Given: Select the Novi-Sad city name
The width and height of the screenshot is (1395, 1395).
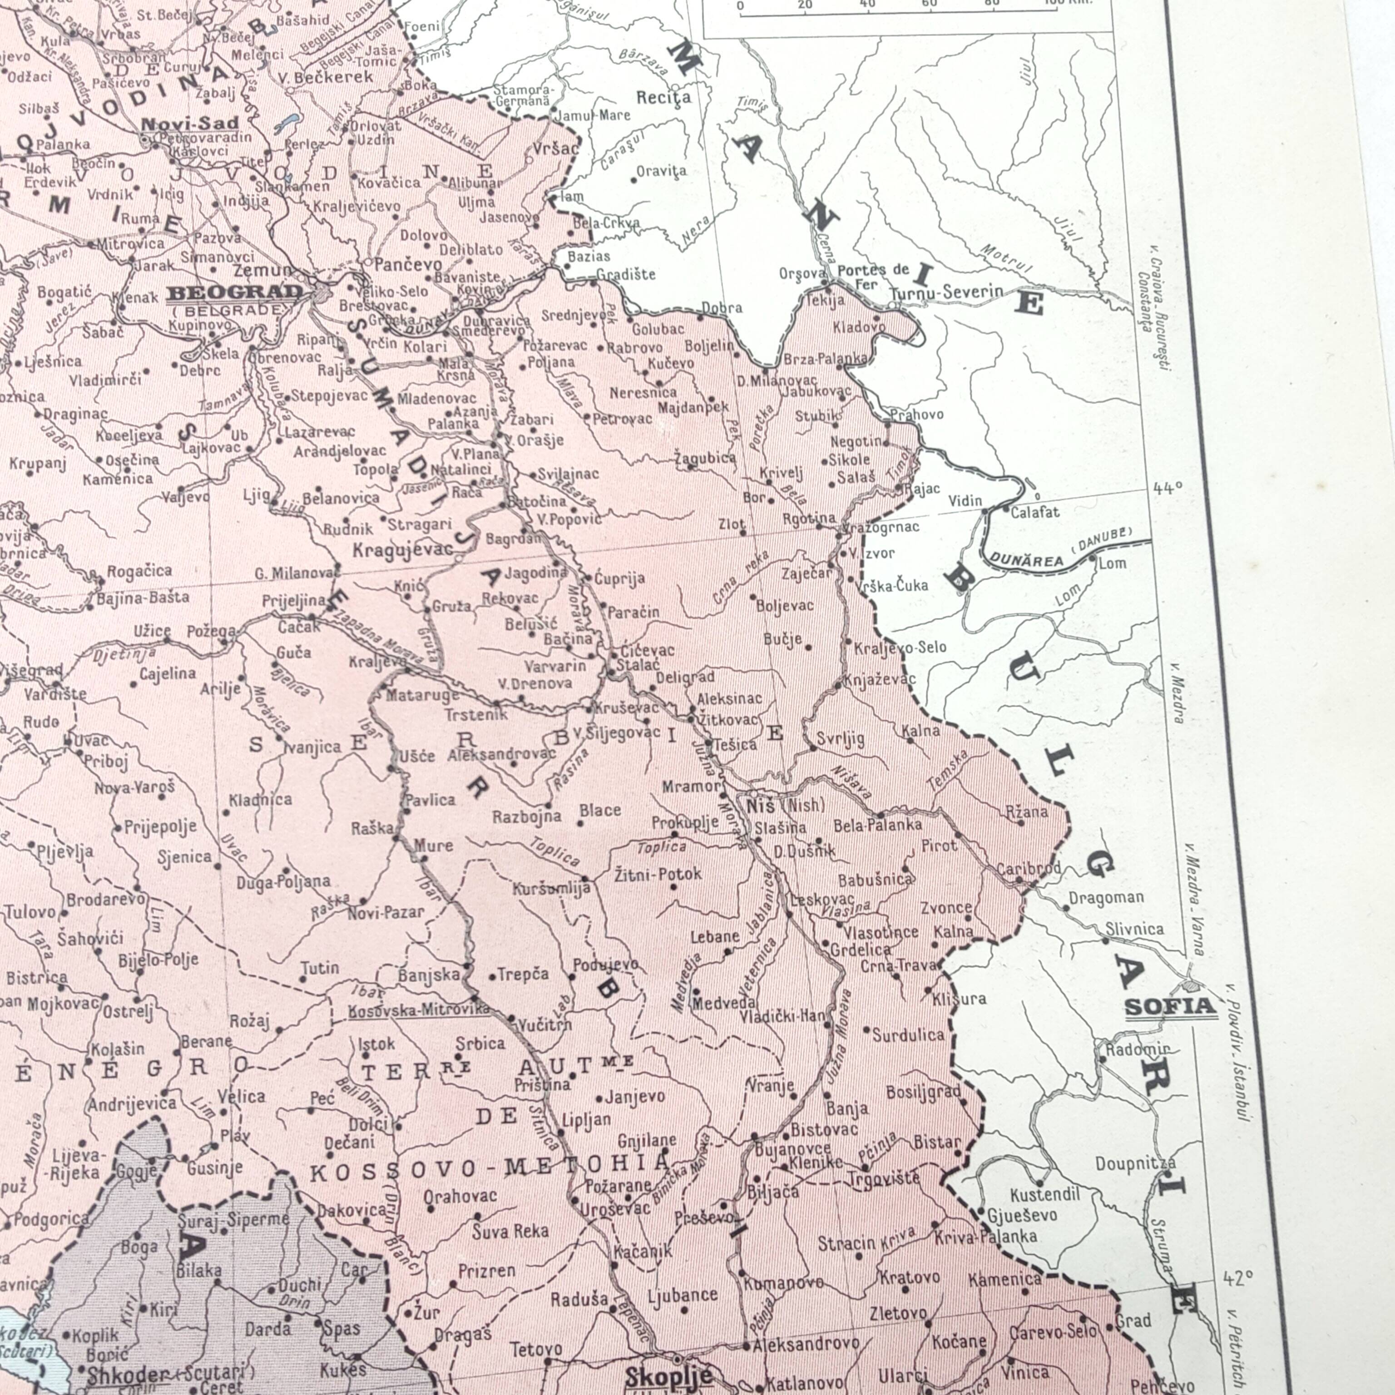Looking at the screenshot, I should tap(189, 124).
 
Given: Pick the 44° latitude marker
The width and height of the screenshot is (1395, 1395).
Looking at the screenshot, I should tap(1167, 489).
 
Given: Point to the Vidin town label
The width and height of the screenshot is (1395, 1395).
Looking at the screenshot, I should tap(965, 500).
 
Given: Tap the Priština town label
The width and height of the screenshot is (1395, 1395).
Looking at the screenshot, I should tap(542, 1084).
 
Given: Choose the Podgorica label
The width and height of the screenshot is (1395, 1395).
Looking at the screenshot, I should tap(52, 1220).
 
